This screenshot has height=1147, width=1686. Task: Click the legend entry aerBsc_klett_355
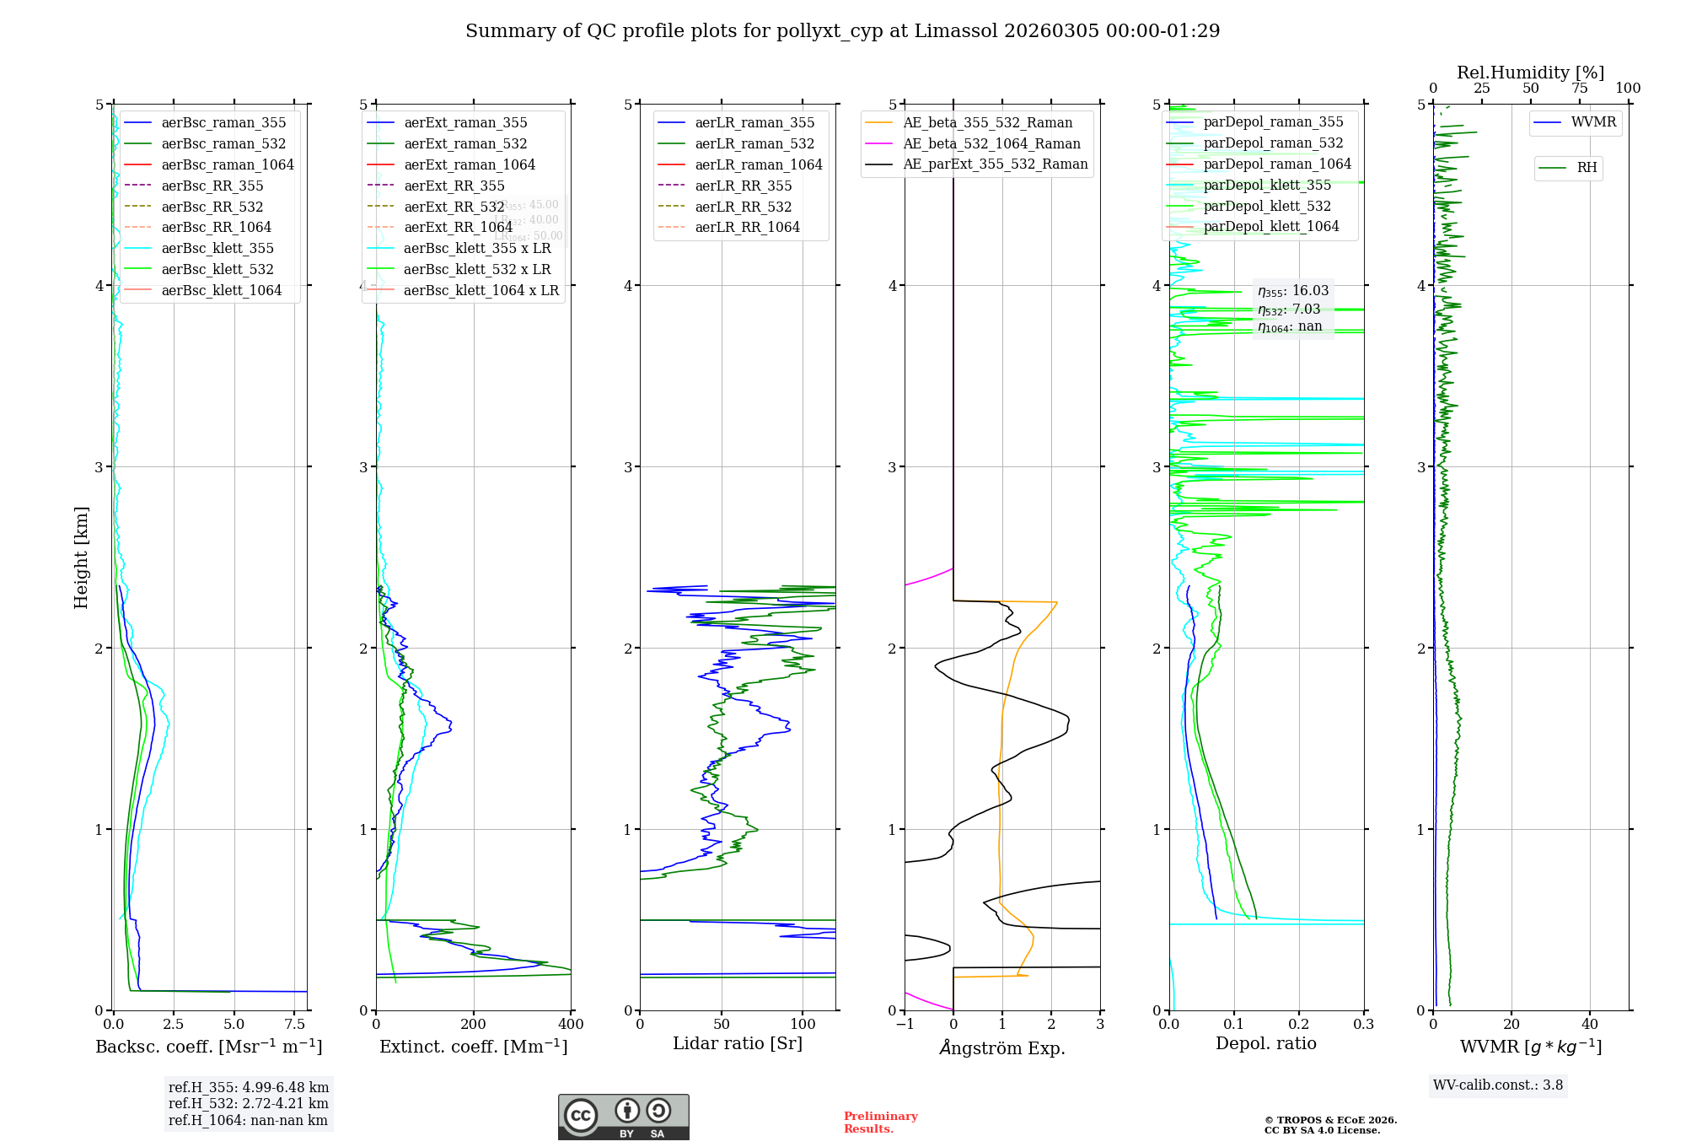tap(217, 248)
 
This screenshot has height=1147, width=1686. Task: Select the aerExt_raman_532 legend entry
tap(465, 143)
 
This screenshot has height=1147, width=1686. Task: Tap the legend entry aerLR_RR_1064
tap(747, 227)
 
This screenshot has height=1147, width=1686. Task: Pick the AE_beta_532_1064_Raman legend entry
tap(991, 143)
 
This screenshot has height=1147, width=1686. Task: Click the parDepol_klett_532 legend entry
tap(1267, 206)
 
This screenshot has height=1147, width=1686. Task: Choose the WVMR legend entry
tap(1593, 122)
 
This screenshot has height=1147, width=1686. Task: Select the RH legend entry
tap(1587, 168)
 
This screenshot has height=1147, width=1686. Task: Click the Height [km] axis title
tap(81, 557)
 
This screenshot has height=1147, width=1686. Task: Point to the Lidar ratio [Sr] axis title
tap(738, 1043)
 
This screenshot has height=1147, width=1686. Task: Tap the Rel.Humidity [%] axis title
tap(1530, 73)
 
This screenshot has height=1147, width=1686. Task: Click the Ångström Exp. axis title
tap(1002, 1047)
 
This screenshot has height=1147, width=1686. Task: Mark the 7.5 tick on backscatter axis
tap(295, 1025)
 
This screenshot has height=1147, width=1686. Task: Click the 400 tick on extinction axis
tap(571, 1025)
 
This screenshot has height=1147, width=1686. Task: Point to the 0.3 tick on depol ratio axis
tap(1363, 1025)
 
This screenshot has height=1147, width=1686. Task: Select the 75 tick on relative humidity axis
tap(1579, 88)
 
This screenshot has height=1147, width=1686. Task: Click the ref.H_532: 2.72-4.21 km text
tap(248, 1103)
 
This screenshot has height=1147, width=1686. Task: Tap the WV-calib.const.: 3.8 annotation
tap(1498, 1085)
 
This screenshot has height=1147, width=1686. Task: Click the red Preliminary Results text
tap(880, 1123)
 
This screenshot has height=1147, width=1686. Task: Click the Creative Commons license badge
tap(623, 1117)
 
